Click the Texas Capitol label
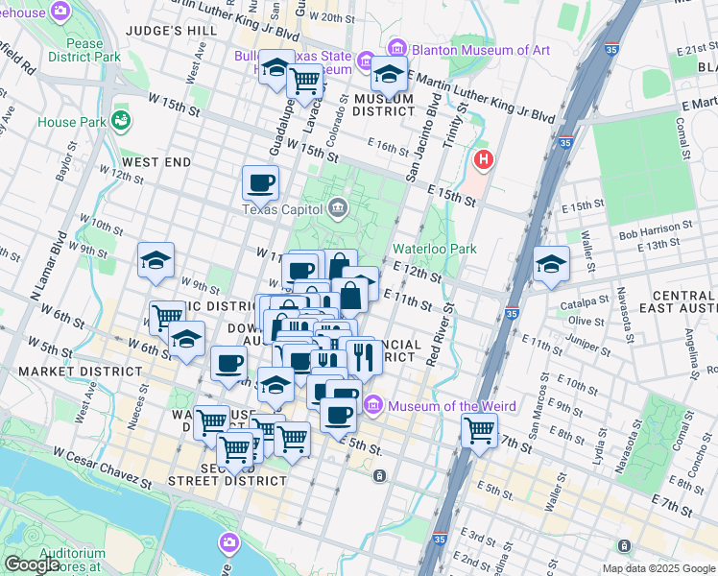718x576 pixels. [284, 209]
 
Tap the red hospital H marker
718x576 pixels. [484, 158]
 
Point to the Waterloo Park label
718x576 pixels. [435, 249]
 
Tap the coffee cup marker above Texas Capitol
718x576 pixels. [261, 182]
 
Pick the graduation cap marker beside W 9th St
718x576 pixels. [156, 259]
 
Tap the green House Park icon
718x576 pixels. [121, 119]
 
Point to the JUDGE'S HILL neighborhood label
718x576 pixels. [173, 31]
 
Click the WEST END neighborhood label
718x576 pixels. [156, 162]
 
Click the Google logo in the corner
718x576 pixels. [32, 564]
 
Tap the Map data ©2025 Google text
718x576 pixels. [657, 568]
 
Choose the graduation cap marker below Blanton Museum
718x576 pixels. [389, 73]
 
